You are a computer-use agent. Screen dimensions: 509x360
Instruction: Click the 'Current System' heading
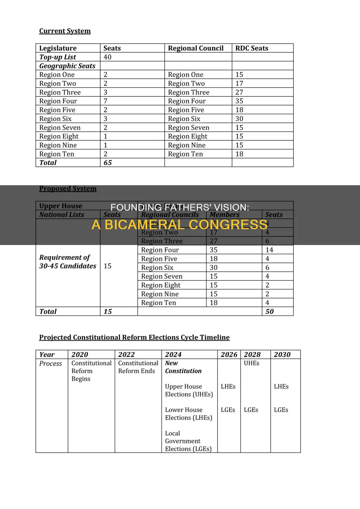[x=65, y=31]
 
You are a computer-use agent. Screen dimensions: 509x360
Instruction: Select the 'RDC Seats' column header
[x=252, y=48]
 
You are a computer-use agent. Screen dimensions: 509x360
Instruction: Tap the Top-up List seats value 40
[x=108, y=57]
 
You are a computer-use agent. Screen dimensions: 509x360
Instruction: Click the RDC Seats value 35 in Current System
[x=239, y=101]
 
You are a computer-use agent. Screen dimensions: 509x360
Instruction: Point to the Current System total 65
[x=108, y=163]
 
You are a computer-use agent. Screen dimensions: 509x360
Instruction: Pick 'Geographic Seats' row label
[x=67, y=66]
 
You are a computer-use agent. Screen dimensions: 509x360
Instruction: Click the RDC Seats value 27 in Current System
[x=239, y=92]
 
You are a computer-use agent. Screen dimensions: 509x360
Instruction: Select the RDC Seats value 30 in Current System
[x=239, y=119]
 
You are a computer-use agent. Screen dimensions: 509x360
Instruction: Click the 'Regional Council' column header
[x=195, y=48]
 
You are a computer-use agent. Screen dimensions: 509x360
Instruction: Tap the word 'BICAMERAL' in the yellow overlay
[x=144, y=224]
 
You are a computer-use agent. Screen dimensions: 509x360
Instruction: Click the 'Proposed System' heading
[x=67, y=188]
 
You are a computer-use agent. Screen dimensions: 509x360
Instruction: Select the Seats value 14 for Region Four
[x=269, y=250]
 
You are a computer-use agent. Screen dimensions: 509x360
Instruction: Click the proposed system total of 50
[x=269, y=311]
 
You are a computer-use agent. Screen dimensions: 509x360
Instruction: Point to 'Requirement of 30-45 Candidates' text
[x=67, y=262]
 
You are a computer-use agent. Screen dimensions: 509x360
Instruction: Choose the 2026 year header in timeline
[x=229, y=355]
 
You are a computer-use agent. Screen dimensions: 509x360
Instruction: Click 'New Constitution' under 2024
[x=183, y=367]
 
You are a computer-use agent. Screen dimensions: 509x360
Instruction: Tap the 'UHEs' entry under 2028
[x=251, y=363]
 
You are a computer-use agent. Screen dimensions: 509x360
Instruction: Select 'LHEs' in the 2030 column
[x=281, y=386]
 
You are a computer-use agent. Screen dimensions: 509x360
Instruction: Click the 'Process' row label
[x=51, y=363]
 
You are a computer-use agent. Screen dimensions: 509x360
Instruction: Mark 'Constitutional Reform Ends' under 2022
[x=138, y=367]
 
